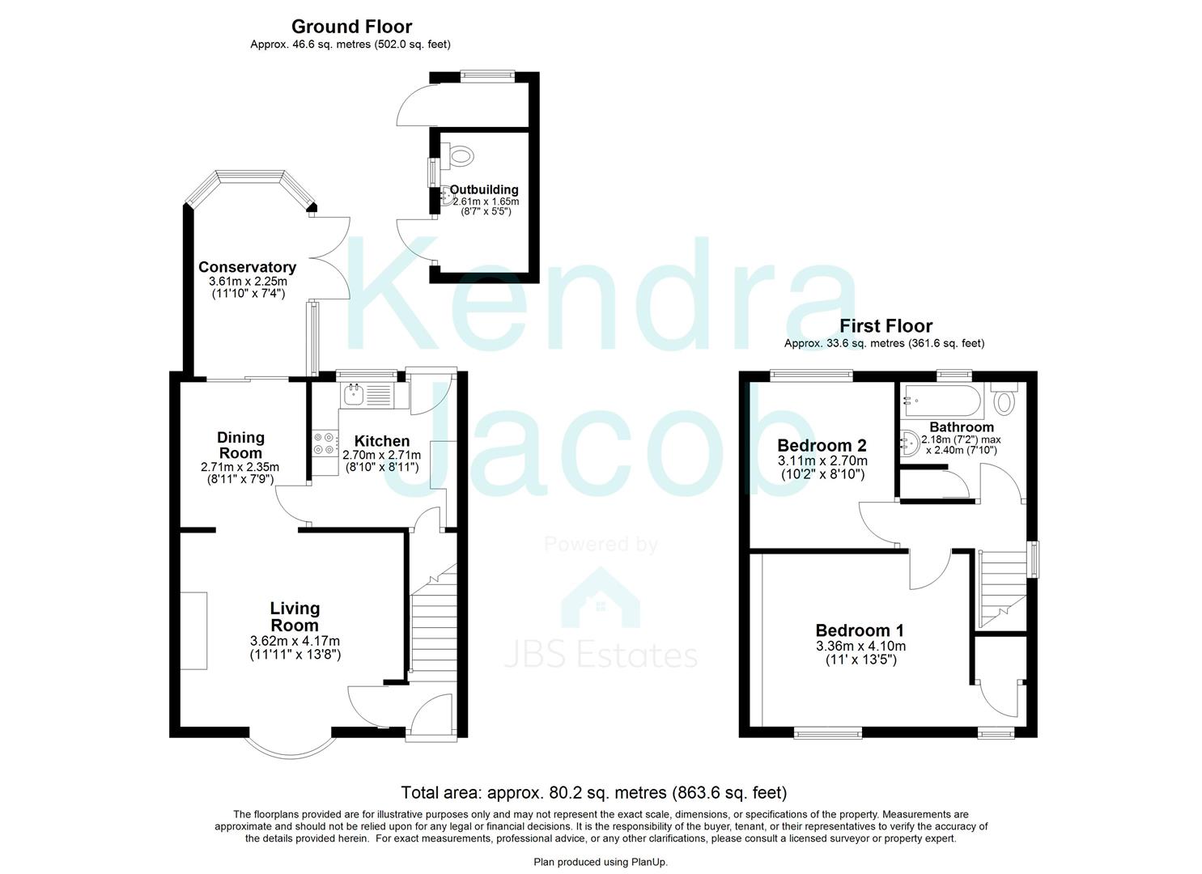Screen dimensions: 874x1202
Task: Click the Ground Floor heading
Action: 351,28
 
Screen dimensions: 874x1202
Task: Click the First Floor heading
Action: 886,326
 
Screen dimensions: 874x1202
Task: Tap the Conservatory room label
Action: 247,267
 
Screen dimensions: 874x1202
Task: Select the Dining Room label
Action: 240,444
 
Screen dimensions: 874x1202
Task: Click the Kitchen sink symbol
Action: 355,396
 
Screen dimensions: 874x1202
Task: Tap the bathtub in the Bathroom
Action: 942,397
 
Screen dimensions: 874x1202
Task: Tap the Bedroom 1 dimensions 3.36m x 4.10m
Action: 860,646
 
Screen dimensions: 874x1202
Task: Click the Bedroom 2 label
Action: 822,445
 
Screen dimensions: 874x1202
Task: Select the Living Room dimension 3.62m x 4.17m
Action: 295,640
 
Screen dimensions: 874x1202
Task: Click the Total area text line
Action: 593,793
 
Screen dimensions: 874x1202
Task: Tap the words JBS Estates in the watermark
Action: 601,655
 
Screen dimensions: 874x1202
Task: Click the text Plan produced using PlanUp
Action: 601,863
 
